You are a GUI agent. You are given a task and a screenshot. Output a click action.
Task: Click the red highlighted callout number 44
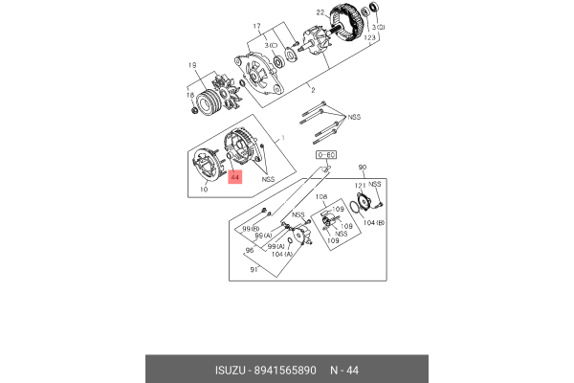[x=236, y=177]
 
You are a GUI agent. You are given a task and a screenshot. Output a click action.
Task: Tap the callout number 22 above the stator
[x=321, y=12]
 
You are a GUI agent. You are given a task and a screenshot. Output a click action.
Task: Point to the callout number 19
[x=192, y=65]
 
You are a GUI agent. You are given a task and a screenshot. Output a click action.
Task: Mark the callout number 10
[x=205, y=190]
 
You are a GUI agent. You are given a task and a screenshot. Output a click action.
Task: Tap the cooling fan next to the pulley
[x=227, y=93]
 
